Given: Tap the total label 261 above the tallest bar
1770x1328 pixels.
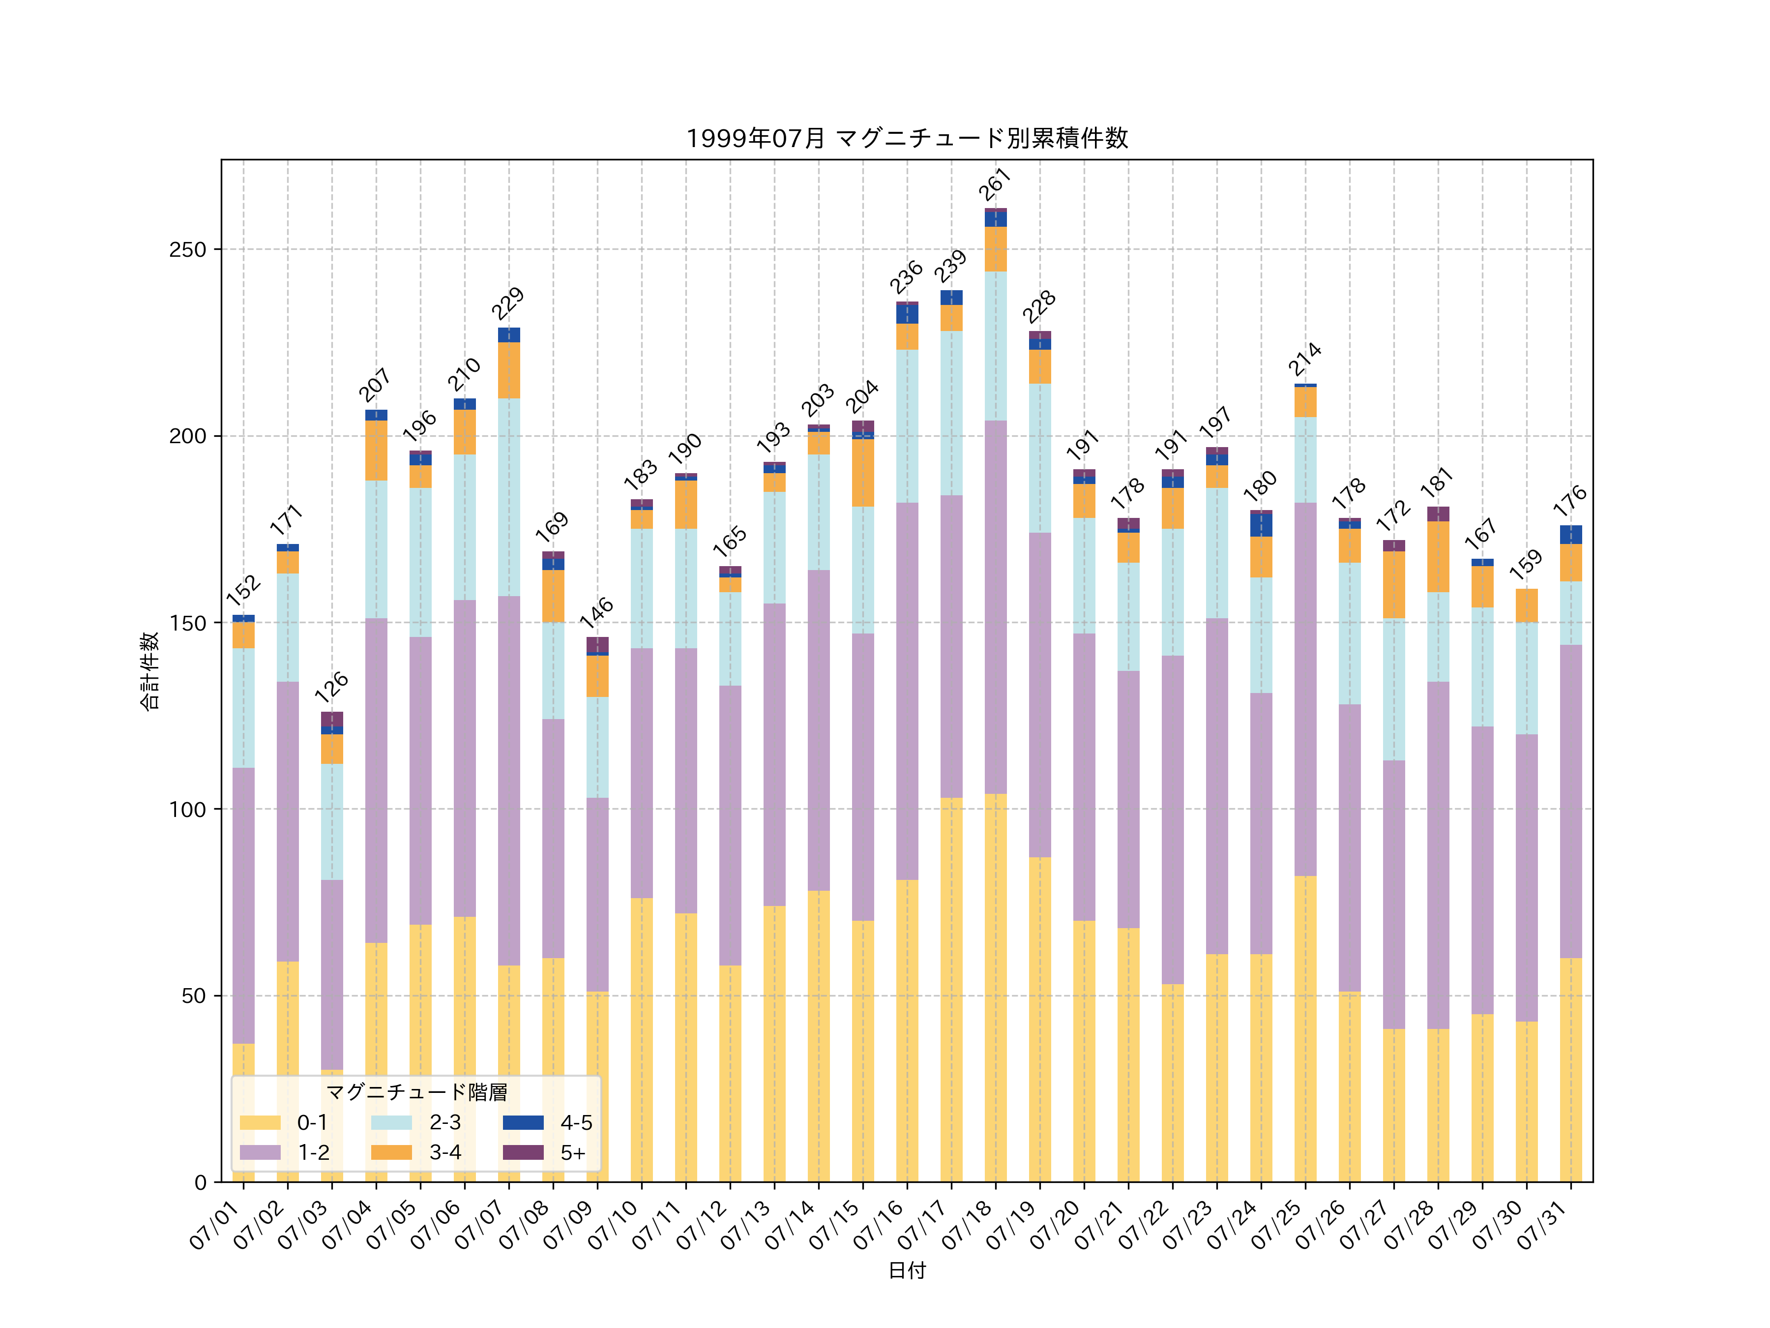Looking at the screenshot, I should click(x=996, y=185).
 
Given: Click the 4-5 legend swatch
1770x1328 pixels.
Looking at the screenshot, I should click(x=523, y=1122).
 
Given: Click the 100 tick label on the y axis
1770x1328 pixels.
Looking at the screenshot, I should click(x=187, y=809).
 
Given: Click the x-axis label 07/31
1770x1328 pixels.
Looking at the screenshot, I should click(x=1544, y=1225).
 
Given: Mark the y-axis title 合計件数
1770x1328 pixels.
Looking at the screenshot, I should click(x=149, y=671).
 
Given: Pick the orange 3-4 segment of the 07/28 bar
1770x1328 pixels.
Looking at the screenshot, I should click(x=1438, y=556).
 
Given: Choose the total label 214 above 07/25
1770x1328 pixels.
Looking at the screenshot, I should click(x=1305, y=360).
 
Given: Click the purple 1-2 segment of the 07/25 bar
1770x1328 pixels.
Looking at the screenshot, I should click(x=1305, y=689).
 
